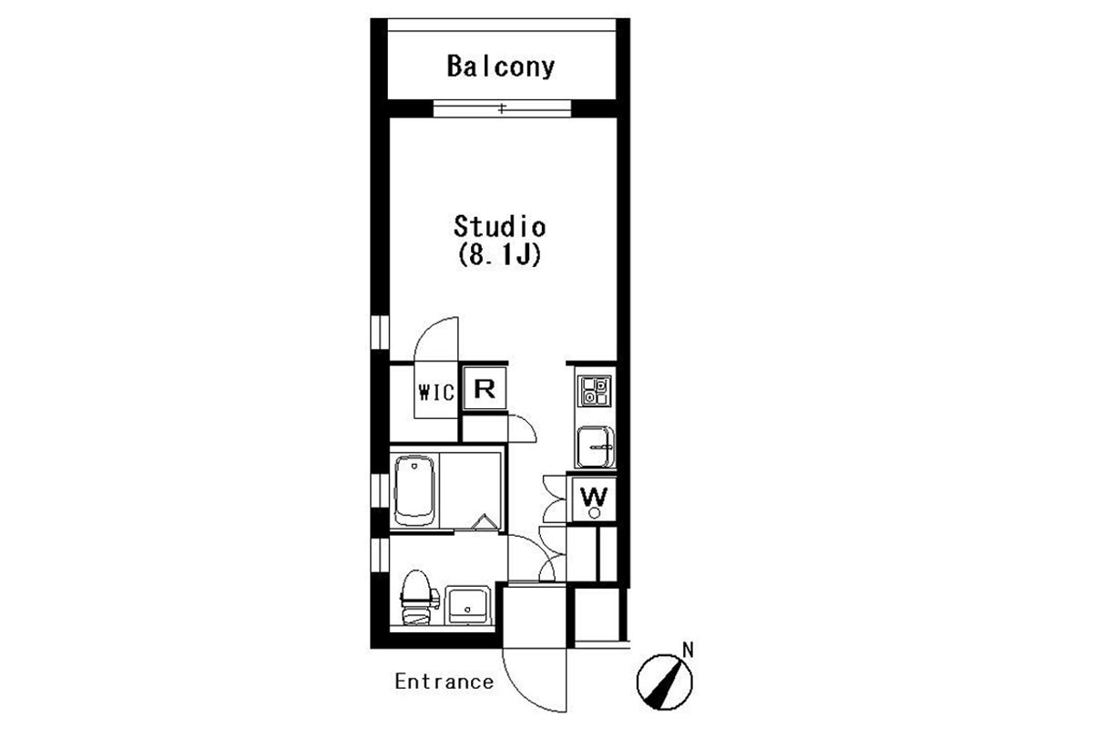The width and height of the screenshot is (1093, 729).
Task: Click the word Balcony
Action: coord(501,67)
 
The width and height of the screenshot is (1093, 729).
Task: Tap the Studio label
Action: coord(500,227)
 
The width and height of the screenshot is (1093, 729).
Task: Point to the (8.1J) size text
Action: coord(500,254)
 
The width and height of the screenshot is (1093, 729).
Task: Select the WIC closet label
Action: coord(436,392)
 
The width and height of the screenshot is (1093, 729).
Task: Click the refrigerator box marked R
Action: coord(485,389)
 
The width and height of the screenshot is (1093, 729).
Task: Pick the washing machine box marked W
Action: coord(594,499)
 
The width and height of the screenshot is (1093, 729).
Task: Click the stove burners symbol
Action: coord(594,391)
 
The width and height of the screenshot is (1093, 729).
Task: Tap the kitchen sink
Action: coord(596,447)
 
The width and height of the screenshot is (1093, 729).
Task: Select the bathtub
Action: coord(414,491)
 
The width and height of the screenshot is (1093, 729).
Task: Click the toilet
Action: coord(418,598)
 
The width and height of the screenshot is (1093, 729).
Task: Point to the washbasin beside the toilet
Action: coord(468,605)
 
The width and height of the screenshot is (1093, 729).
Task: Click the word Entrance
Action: coord(444,682)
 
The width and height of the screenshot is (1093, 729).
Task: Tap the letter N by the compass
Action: coord(688,650)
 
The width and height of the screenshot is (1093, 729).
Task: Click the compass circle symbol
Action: coord(665,683)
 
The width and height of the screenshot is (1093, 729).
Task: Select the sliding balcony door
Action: coord(502,108)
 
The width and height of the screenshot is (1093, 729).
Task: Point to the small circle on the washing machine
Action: coord(594,513)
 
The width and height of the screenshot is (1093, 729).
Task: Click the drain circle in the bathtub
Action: coord(414,466)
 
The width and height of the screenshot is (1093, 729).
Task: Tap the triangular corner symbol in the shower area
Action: coord(485,522)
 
